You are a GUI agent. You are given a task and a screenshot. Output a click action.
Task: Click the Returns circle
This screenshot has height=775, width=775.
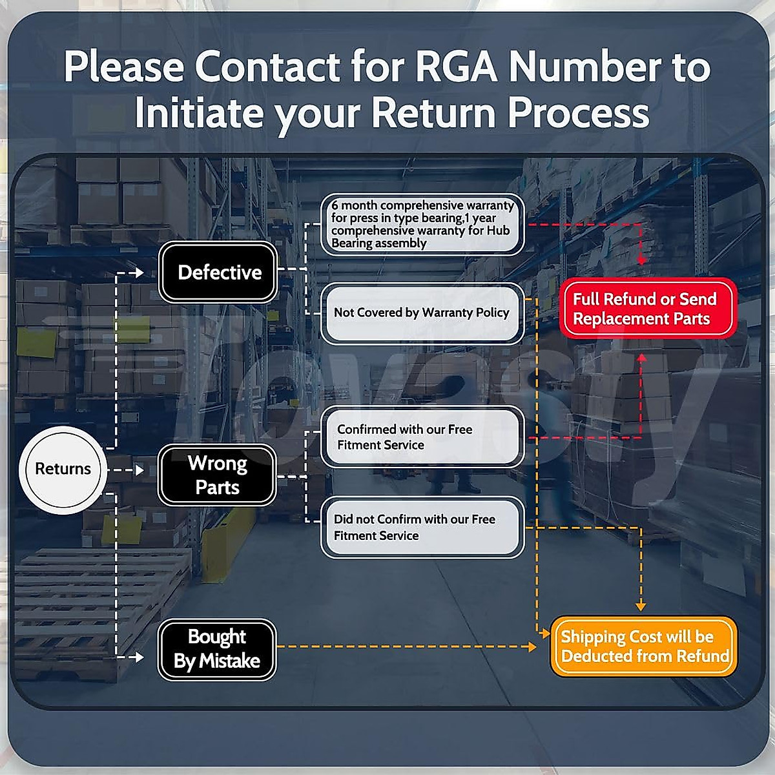point(63,469)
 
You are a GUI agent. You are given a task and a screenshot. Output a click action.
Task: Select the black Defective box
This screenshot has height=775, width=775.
point(218,273)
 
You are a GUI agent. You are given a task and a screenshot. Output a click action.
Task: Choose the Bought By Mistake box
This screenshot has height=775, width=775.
point(217,649)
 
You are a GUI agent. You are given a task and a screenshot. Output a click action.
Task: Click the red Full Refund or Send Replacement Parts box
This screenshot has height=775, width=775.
point(647,309)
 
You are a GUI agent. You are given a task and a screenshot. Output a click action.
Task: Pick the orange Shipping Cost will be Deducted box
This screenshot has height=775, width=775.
point(643,646)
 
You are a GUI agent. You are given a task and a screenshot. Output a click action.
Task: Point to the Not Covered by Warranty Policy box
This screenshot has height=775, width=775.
point(422,313)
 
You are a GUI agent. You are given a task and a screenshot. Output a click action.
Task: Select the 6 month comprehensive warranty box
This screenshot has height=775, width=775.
point(422,224)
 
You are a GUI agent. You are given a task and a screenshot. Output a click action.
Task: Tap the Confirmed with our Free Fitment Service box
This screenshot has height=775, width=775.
point(422,437)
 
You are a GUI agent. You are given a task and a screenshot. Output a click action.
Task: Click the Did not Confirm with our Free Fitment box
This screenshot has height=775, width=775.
point(422,528)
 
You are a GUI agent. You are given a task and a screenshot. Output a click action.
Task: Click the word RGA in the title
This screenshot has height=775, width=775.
point(455,67)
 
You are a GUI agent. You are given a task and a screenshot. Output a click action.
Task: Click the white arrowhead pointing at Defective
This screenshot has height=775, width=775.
point(139,273)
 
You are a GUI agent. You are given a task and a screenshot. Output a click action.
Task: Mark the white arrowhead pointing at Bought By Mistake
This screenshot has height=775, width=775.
point(139,657)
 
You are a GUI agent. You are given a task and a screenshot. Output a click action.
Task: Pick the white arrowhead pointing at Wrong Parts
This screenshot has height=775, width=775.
point(139,470)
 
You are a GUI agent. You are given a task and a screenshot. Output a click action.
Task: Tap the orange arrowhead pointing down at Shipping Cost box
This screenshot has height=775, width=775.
point(641,606)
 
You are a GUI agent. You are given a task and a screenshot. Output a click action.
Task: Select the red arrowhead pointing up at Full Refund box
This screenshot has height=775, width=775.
point(641,357)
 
